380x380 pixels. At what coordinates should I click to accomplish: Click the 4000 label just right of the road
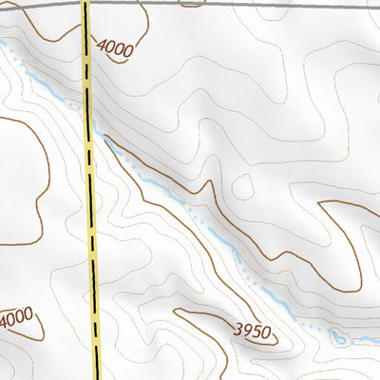pos(114,47)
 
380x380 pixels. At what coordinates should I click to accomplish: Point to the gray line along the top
pos(237,5)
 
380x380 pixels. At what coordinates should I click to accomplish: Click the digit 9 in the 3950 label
pos(248,331)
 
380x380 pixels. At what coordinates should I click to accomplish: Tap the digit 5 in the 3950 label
pos(257,332)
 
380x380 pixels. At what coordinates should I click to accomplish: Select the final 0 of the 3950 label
pos(267,334)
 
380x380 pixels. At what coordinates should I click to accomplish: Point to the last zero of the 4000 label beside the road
pos(127,53)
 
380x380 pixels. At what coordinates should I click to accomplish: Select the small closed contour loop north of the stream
pos(169,193)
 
